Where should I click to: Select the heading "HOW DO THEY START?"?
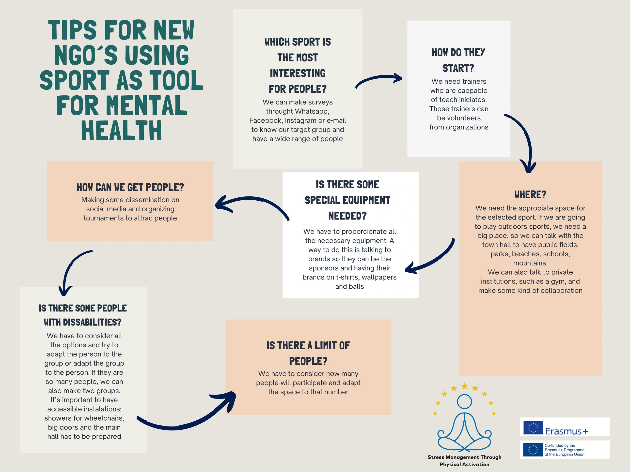click(458, 60)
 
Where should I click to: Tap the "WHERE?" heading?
click(530, 195)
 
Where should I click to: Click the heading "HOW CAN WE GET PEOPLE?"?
click(130, 188)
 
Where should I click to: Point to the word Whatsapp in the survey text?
click(312, 111)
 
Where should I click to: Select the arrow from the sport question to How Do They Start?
click(379, 80)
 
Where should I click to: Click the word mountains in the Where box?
click(530, 263)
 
